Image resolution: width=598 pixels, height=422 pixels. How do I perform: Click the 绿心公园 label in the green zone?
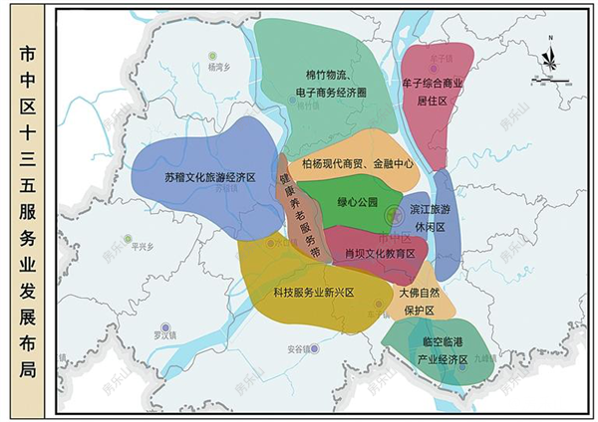[358, 202]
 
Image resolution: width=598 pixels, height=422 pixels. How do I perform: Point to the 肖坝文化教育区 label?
[379, 253]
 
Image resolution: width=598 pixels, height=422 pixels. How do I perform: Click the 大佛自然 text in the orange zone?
[418, 294]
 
